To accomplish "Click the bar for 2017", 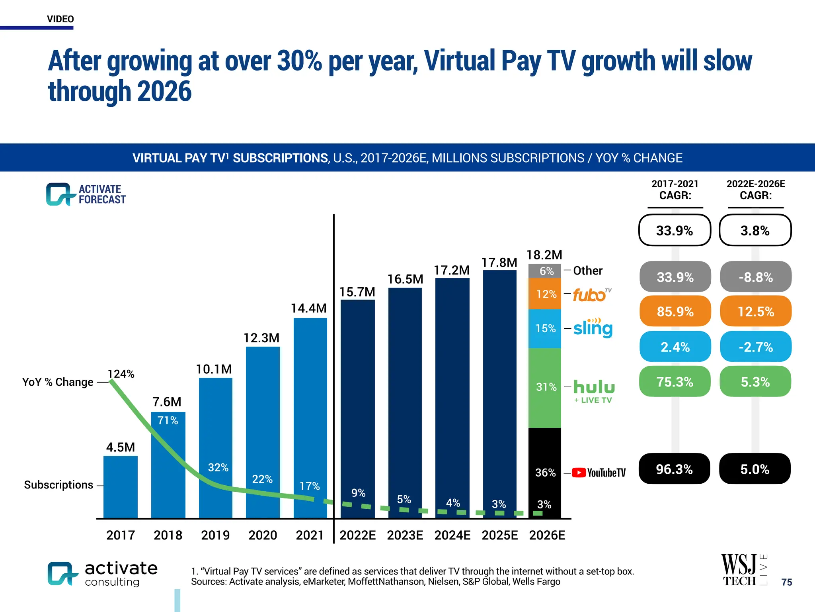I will (120, 487).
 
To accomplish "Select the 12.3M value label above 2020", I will (261, 338).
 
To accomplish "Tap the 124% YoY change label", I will (121, 374).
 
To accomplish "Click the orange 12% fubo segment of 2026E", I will (544, 294).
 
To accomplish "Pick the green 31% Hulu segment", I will (544, 387).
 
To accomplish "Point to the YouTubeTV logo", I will (599, 473).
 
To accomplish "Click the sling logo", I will (593, 328).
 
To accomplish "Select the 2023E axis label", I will (405, 535).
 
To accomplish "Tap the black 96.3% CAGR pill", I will (674, 469).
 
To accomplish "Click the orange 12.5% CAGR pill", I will (755, 311).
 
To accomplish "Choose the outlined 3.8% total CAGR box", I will (755, 230).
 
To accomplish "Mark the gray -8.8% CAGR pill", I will (755, 277).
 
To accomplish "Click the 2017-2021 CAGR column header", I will (675, 190).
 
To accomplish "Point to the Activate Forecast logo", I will (86, 194).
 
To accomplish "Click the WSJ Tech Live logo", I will (743, 570).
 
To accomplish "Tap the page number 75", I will (786, 582).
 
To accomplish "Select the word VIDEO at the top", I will (60, 19).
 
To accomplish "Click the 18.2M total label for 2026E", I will (544, 255).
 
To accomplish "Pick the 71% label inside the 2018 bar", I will (168, 420).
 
